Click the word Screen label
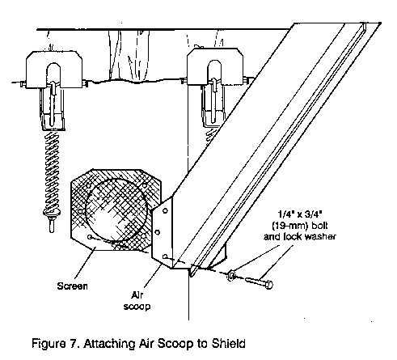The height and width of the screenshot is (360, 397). click(72, 286)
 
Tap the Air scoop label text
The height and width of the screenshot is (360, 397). click(137, 301)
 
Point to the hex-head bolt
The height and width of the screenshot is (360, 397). click(259, 282)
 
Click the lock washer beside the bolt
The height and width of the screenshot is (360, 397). click(231, 276)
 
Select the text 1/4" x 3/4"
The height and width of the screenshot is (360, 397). click(300, 214)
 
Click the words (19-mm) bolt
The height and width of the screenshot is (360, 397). click(300, 226)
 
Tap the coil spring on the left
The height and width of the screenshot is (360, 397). click(53, 172)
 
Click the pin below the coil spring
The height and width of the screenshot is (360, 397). click(52, 226)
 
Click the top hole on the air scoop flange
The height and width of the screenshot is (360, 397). click(165, 210)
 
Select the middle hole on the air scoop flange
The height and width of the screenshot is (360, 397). click(158, 232)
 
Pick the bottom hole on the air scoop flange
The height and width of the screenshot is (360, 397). click(165, 256)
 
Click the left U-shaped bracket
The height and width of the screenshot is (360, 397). click(54, 70)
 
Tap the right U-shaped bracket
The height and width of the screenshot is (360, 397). click(215, 66)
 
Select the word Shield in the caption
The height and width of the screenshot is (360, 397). click(229, 344)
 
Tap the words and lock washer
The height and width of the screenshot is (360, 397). click(300, 236)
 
